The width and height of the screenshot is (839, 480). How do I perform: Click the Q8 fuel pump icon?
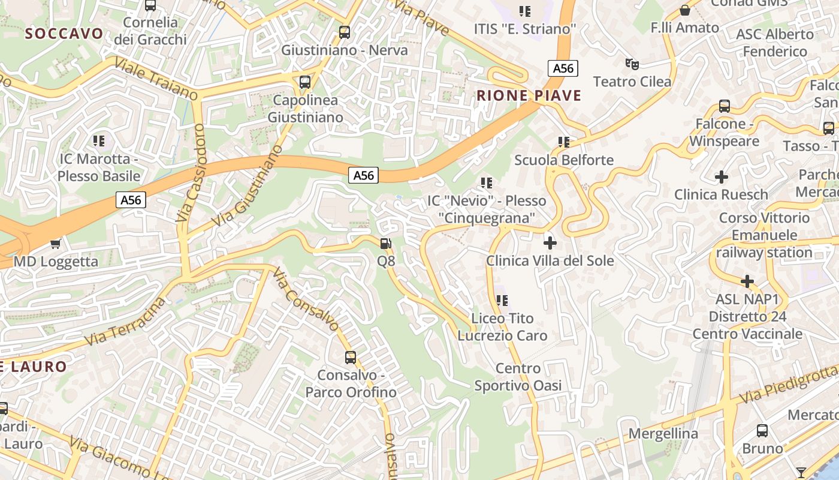[386, 244]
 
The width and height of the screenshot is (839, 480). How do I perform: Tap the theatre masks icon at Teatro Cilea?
[632, 64]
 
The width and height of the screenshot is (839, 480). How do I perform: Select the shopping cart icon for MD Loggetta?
[56, 244]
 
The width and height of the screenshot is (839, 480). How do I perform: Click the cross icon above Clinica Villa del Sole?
[550, 243]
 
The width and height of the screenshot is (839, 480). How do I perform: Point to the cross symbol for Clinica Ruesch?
[722, 177]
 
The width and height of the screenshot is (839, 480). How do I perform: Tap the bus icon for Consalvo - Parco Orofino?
[351, 358]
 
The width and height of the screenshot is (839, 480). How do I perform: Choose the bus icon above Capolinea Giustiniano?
[305, 82]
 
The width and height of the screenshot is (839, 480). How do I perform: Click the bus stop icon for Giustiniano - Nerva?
[345, 32]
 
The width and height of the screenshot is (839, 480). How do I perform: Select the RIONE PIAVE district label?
[529, 95]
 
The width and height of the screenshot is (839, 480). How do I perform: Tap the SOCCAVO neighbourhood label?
[64, 34]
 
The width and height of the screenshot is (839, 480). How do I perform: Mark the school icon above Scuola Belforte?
[564, 142]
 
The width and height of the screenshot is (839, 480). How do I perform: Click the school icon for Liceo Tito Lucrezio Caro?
[502, 300]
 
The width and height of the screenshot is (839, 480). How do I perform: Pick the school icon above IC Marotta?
[99, 141]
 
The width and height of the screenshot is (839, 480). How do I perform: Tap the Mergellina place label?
[663, 433]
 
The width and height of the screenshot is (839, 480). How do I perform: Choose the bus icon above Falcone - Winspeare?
[725, 107]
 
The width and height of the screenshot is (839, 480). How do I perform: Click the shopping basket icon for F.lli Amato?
[685, 10]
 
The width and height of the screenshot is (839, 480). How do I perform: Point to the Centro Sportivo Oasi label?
[518, 377]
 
